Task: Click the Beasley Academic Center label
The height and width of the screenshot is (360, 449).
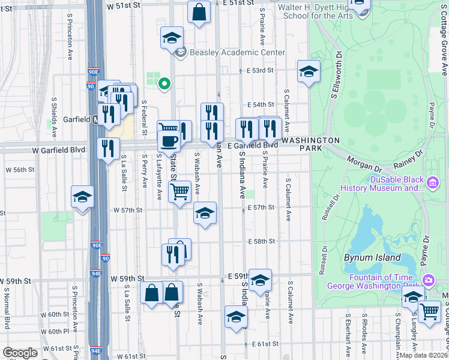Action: (x=237, y=52)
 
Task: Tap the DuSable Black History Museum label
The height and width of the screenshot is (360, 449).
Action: (x=379, y=184)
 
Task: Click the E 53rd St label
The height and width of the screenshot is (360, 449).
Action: (x=260, y=70)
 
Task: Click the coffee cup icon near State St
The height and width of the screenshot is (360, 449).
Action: (x=169, y=141)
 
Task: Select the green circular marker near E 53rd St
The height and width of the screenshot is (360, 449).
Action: (x=162, y=84)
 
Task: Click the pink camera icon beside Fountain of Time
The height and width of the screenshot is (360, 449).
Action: (x=428, y=280)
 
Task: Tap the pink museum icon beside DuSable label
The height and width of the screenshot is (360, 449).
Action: (x=432, y=181)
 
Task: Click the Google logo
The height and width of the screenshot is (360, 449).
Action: (x=20, y=353)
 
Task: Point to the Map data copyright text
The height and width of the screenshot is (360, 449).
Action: (x=423, y=355)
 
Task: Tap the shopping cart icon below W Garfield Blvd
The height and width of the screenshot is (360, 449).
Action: (x=179, y=192)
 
